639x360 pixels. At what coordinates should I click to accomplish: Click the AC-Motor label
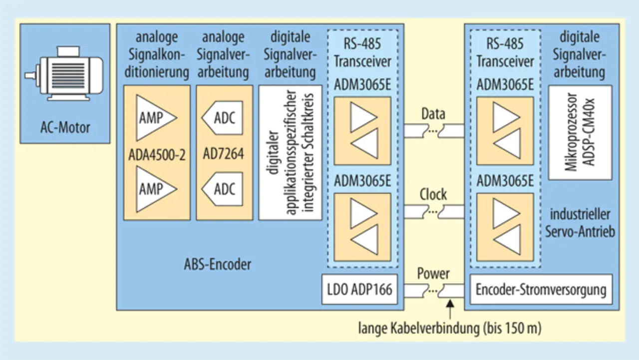[x=65, y=127]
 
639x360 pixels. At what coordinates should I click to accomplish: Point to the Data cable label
[x=433, y=114]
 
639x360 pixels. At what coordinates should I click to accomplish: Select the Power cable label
[x=433, y=274]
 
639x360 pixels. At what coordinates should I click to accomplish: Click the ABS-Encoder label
[x=217, y=264]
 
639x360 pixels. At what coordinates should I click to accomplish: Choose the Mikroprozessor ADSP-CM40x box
[x=580, y=132]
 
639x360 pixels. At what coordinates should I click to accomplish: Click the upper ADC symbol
[x=223, y=118]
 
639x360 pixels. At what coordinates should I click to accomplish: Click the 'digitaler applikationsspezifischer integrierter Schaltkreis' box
[x=290, y=152]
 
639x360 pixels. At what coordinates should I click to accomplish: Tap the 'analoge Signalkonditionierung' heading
[x=156, y=54]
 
